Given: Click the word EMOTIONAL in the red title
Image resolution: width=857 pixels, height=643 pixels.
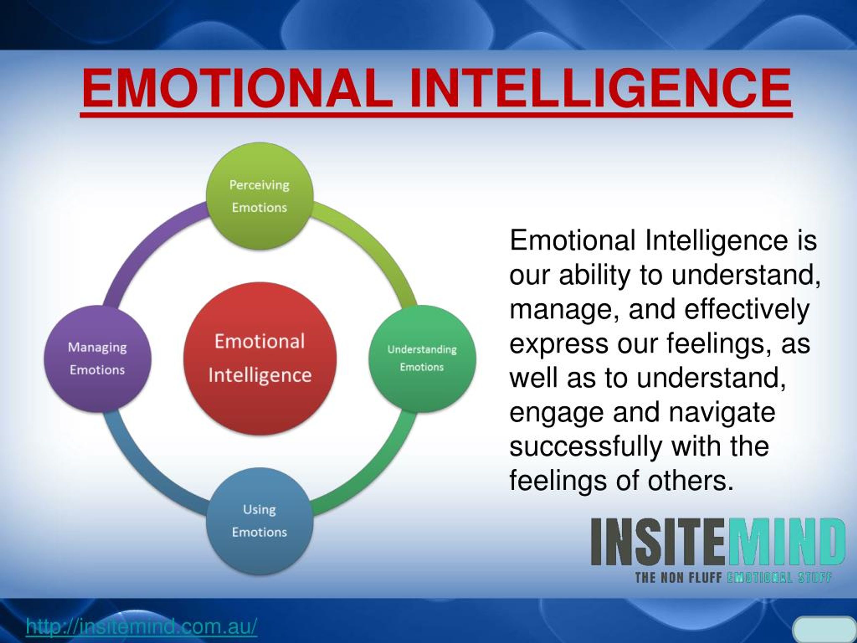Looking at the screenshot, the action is coord(237,88).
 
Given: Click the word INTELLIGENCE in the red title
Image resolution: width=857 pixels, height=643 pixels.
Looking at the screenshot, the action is coord(601,88).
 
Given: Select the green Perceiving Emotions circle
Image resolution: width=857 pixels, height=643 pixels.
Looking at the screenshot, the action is coord(259,196).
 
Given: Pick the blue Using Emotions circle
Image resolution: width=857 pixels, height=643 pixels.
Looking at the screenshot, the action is coord(259,520).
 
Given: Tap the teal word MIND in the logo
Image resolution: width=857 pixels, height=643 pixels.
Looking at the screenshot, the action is coord(786,542).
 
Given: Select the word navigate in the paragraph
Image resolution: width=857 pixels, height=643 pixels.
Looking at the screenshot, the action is coord(722,413).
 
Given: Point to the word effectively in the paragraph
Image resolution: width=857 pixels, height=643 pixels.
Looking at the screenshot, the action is coord(747,309).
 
